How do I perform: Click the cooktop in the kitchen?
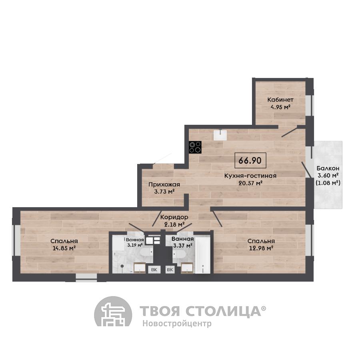pyautogui.click(x=195, y=147)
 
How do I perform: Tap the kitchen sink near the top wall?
pyautogui.click(x=220, y=135)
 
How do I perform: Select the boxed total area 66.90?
pyautogui.click(x=250, y=160)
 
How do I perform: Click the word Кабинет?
pyautogui.click(x=280, y=100)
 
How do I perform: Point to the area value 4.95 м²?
pyautogui.click(x=280, y=107)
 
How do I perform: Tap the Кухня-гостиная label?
pyautogui.click(x=250, y=176)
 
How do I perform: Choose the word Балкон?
pyautogui.click(x=328, y=168)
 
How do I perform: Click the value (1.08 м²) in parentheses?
pyautogui.click(x=328, y=183)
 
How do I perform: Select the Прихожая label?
pyautogui.click(x=164, y=184)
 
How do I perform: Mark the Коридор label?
pyautogui.click(x=174, y=217)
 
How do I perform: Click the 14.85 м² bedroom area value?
pyautogui.click(x=64, y=248)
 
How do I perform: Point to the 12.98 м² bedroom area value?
pyautogui.click(x=261, y=248)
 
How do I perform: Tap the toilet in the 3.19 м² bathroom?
pyautogui.click(x=146, y=252)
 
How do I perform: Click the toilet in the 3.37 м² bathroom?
pyautogui.click(x=179, y=254)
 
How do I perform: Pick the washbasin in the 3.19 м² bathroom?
pyautogui.click(x=140, y=268)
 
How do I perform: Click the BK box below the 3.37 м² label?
pyautogui.click(x=170, y=270)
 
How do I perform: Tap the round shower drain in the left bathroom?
pyautogui.click(x=122, y=266)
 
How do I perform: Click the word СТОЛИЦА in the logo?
pyautogui.click(x=223, y=311)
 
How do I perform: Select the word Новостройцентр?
pyautogui.click(x=177, y=324)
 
